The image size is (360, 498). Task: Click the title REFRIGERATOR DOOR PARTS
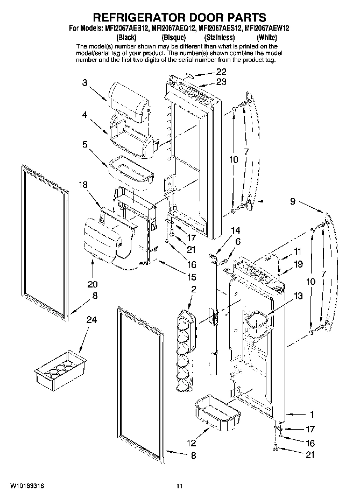pyautogui.click(x=180, y=20)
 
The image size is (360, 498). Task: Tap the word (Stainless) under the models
pyautogui.click(x=219, y=38)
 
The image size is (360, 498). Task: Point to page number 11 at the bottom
pyautogui.click(x=180, y=486)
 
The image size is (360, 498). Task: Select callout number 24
pyautogui.click(x=92, y=320)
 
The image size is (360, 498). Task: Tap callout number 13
pyautogui.click(x=298, y=296)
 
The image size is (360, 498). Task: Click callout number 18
pyautogui.click(x=83, y=185)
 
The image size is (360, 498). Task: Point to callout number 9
pyautogui.click(x=292, y=202)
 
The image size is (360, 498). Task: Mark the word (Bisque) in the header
pyautogui.click(x=173, y=38)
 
